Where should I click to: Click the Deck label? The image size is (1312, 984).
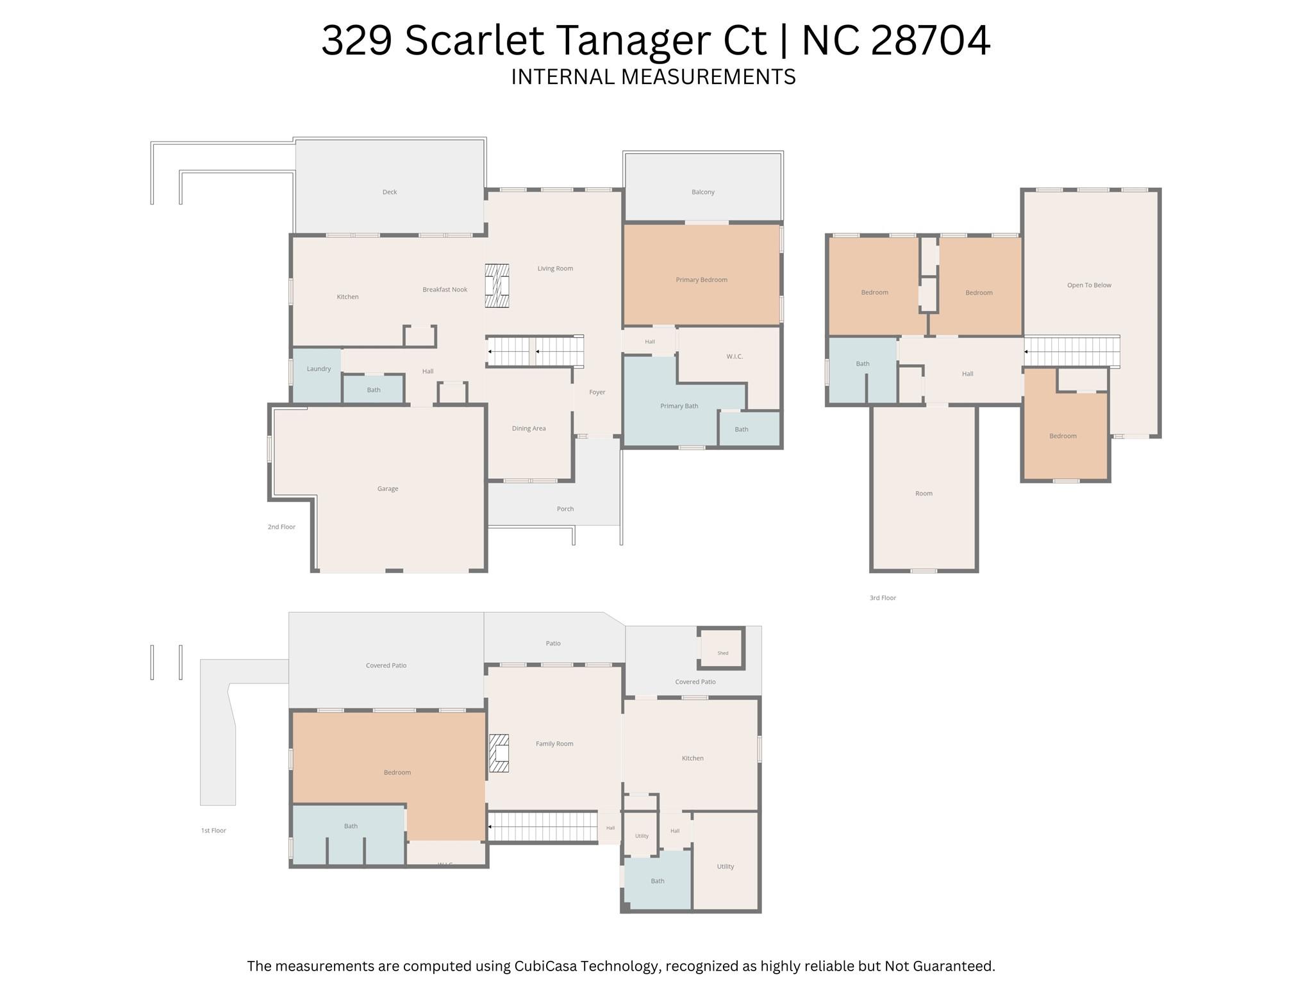(390, 192)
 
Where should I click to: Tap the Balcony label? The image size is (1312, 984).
(703, 192)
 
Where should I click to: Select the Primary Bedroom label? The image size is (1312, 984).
(701, 279)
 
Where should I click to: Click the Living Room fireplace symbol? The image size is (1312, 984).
(497, 285)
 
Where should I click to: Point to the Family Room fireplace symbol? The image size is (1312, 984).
(499, 753)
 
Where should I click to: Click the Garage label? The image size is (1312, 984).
(388, 488)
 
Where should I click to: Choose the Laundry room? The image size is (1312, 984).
(317, 376)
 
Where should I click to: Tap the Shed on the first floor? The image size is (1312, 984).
(722, 649)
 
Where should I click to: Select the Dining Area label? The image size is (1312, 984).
(529, 428)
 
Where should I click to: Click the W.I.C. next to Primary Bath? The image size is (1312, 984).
(735, 356)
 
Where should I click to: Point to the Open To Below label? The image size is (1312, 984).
(1089, 285)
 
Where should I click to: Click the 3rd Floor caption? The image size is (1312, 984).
(883, 598)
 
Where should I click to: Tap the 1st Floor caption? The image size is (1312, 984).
(213, 830)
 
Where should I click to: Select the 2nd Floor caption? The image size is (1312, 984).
(281, 527)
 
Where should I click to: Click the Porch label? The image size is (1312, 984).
(565, 509)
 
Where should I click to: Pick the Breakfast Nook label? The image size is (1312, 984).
(445, 290)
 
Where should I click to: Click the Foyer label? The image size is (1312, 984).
(597, 392)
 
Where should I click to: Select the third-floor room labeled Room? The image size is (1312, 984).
(924, 488)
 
